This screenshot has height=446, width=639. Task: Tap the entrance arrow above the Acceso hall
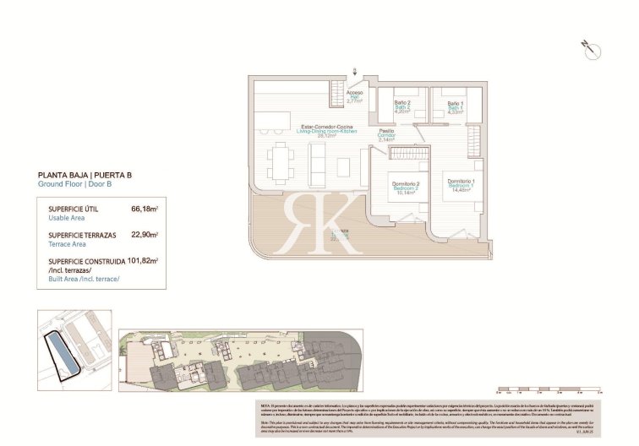pyautogui.click(x=355, y=73)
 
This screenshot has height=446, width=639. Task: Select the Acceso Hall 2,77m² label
pyautogui.click(x=355, y=96)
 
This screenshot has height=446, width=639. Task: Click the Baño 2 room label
pyautogui.click(x=402, y=106)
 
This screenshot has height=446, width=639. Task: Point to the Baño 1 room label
pyautogui.click(x=456, y=106)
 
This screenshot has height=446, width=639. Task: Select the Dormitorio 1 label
pyautogui.click(x=461, y=185)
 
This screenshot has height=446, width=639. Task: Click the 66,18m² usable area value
pyautogui.click(x=145, y=207)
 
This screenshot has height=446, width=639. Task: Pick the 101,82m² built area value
pyautogui.click(x=143, y=261)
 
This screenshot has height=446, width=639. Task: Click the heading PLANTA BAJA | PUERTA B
pyautogui.click(x=85, y=175)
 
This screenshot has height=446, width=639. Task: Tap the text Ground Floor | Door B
pyautogui.click(x=75, y=184)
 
